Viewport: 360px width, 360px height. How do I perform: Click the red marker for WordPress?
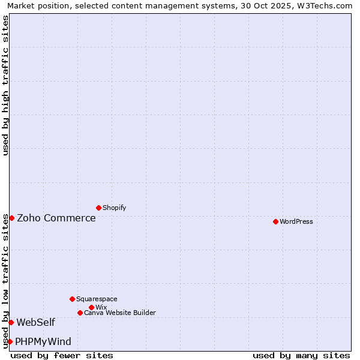point(275,221)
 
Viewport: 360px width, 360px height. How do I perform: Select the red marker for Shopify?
point(98,208)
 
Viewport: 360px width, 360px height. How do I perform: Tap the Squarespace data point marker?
point(72,299)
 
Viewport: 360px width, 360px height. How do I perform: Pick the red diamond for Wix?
point(91,307)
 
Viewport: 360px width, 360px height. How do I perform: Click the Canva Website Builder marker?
point(80,313)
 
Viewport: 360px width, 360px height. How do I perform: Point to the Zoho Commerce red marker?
point(11,218)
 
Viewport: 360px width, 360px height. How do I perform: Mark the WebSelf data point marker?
point(11,322)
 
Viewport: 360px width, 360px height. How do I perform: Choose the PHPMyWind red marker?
point(10,341)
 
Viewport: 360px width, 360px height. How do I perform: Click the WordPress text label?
point(296,221)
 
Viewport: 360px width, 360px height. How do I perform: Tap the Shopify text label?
point(114,208)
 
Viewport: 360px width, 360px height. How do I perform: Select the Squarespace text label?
point(97,299)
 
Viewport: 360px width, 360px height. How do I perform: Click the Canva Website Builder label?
point(120,313)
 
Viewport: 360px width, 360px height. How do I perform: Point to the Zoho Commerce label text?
point(56,218)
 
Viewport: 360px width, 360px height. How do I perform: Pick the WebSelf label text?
point(35,322)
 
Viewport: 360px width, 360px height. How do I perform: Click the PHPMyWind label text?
point(43,341)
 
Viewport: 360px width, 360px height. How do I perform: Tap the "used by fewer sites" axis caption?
point(62,355)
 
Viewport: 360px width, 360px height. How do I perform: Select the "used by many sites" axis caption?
point(301,355)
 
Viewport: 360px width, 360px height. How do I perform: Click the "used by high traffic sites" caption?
point(5,85)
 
